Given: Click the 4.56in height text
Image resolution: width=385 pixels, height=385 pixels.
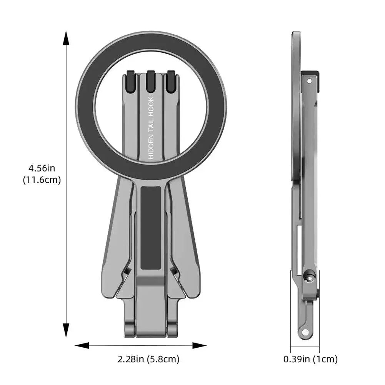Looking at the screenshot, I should point(42,168).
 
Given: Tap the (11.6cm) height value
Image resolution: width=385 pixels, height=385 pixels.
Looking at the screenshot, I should point(42,180).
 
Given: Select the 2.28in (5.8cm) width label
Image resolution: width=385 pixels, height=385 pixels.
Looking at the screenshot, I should point(148,359).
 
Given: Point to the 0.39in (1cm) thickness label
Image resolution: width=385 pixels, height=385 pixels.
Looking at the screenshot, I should point(310,359).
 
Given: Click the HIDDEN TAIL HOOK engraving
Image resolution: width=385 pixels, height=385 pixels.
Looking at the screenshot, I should point(151,128).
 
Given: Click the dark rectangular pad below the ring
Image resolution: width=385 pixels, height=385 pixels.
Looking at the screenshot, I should point(151,227).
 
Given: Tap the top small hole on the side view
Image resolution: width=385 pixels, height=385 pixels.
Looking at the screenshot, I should point(309,82).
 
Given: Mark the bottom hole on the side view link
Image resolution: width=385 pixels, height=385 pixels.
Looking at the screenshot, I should point(305,331).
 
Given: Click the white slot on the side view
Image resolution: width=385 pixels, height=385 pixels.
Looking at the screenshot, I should point(299,250).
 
